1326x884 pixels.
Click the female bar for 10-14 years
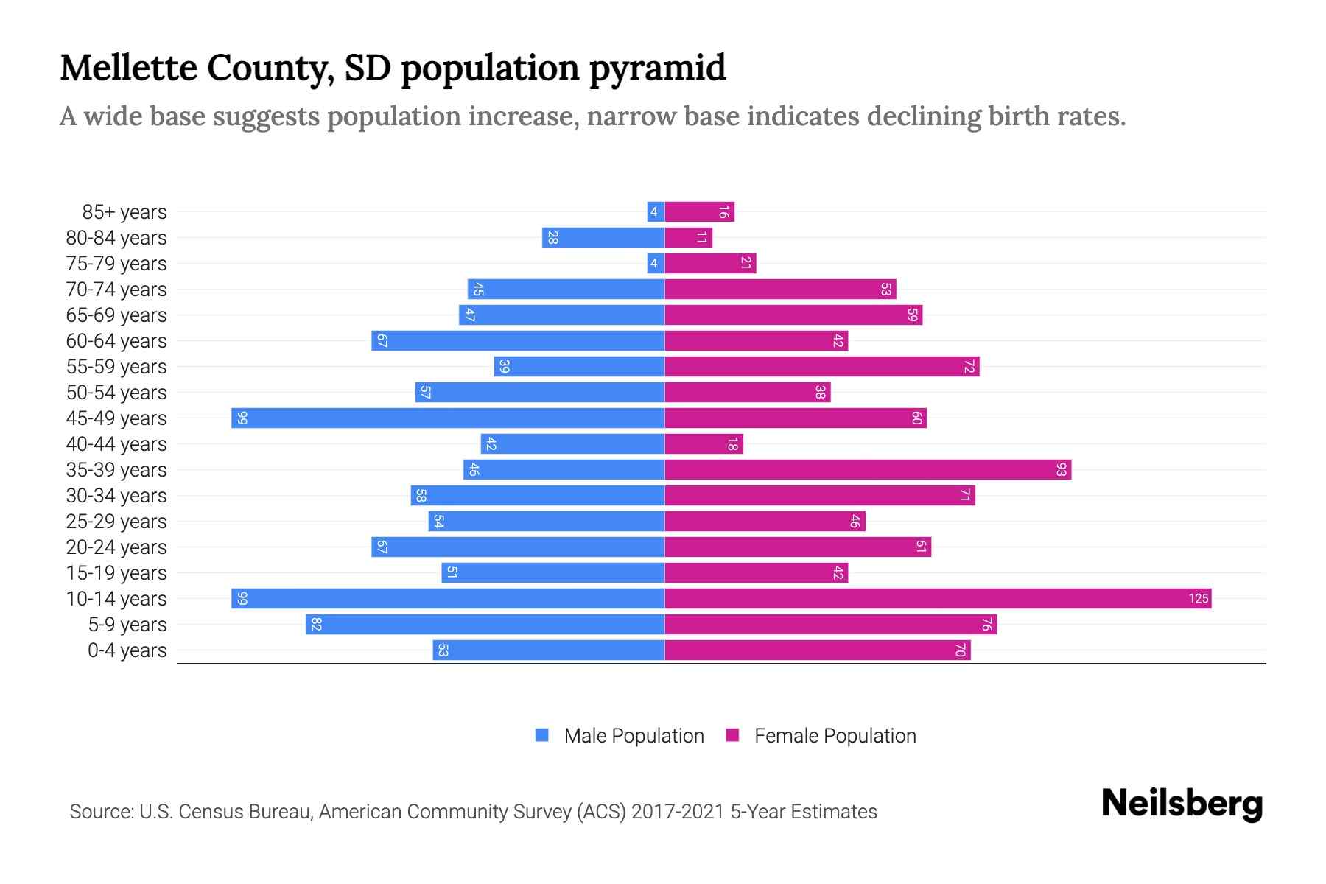point(937,598)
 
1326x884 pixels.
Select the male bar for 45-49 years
point(448,418)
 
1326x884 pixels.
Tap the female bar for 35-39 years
point(868,469)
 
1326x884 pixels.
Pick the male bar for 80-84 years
point(603,237)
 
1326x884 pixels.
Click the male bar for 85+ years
point(656,211)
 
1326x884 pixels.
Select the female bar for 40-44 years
point(704,443)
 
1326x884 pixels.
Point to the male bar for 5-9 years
point(485,624)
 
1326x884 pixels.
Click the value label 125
point(1198,598)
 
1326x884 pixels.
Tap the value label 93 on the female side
point(1061,469)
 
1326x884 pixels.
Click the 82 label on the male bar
point(317,624)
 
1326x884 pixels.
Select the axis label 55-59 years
point(116,366)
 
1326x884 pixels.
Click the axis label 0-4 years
point(127,650)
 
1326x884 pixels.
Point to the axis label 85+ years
point(124,211)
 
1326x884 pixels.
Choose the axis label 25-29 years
point(116,521)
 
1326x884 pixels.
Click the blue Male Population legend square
point(542,735)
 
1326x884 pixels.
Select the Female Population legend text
point(835,735)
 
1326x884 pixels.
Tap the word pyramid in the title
point(657,68)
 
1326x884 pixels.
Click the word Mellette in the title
point(128,68)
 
